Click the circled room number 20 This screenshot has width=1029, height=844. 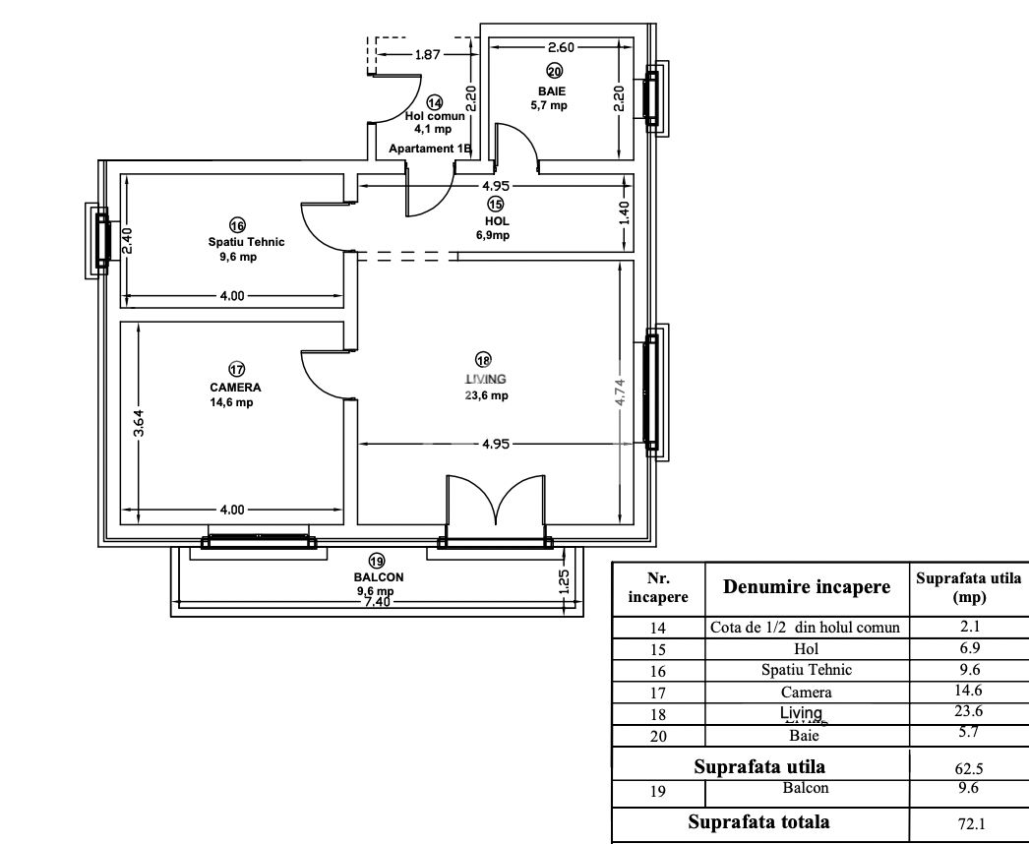point(554,71)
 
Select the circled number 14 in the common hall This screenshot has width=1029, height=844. point(435,102)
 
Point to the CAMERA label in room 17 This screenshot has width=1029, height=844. point(235,388)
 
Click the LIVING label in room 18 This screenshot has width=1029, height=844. point(486,379)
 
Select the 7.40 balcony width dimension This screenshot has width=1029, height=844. point(377,602)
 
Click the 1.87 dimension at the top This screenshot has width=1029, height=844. point(427,55)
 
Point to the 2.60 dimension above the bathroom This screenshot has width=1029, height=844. point(562,47)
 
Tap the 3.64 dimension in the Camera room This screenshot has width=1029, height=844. point(139,423)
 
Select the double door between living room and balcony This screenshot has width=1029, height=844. point(495,507)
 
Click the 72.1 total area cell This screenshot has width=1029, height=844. point(969,823)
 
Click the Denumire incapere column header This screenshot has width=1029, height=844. point(807,587)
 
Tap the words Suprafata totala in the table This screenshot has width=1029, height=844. point(758,821)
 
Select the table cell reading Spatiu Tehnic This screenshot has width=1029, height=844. point(806,670)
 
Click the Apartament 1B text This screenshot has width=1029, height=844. point(431,149)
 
